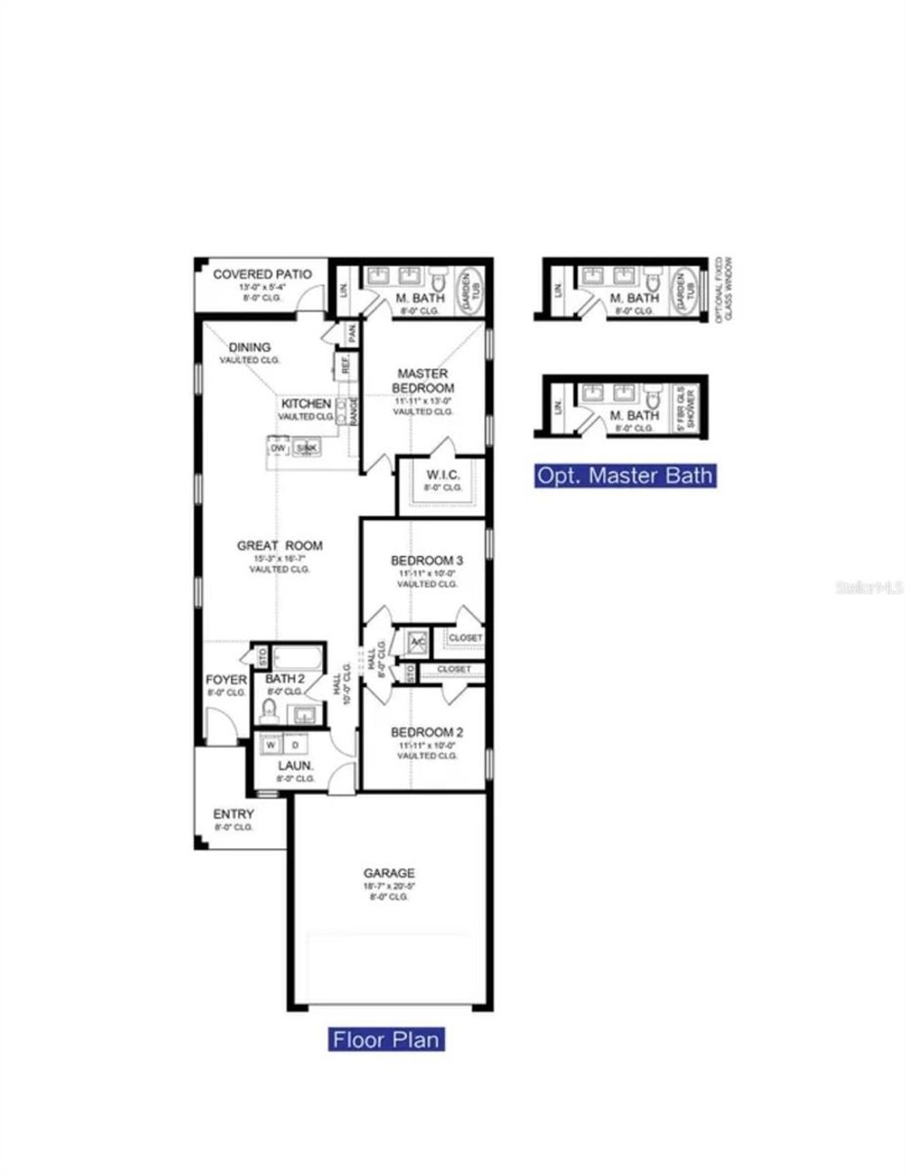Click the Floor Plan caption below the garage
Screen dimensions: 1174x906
(386, 1039)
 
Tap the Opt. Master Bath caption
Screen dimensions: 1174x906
(625, 475)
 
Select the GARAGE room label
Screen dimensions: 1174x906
(388, 873)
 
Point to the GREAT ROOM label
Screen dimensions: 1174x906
(280, 545)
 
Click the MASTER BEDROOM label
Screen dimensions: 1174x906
(423, 381)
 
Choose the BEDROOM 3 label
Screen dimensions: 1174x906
(426, 560)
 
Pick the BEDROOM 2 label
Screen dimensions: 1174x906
(426, 732)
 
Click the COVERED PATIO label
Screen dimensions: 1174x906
(262, 274)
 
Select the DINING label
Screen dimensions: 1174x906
(250, 347)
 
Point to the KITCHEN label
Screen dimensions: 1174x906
(306, 404)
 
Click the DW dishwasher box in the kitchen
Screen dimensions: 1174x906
(279, 449)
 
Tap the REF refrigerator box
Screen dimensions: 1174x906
(345, 364)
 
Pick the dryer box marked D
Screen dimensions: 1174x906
(295, 745)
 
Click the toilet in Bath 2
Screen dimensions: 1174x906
(271, 709)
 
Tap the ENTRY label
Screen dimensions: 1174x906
(234, 814)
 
